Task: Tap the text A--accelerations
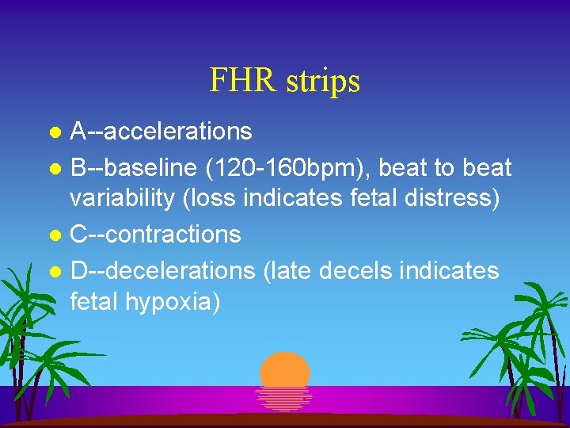161,131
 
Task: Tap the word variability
122,198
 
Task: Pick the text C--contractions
155,235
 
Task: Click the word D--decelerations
162,270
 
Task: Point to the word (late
285,270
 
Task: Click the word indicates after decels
450,270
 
